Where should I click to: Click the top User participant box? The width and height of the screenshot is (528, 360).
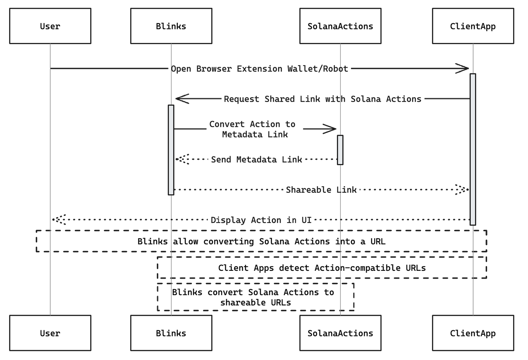coord(50,26)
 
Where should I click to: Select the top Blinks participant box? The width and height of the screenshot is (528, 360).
coord(171,26)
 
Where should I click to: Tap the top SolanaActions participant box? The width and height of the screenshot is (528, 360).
coord(340,26)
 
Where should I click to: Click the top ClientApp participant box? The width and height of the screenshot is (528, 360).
coord(473,26)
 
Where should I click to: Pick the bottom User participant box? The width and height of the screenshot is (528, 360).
coord(50,333)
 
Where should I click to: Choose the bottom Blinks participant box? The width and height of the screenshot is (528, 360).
coord(171,333)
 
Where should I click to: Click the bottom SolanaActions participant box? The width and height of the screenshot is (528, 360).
coord(340,333)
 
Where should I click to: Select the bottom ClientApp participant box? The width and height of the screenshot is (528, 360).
coord(473,333)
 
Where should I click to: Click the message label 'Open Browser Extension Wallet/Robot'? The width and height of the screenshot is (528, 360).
coord(259,69)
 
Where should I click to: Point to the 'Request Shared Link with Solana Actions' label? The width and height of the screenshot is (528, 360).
coord(323,99)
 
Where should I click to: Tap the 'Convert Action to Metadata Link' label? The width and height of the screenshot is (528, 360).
coord(253,129)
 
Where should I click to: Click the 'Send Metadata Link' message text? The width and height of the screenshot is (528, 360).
coord(257,159)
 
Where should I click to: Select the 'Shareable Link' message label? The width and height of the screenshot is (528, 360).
coord(321,190)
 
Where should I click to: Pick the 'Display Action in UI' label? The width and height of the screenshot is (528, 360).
coord(261,220)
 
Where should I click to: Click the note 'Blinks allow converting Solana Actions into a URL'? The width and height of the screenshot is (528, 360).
coord(262,241)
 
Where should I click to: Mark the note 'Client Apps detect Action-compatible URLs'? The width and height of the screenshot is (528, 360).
coord(322,268)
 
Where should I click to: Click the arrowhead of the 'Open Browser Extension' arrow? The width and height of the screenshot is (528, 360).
coord(462,69)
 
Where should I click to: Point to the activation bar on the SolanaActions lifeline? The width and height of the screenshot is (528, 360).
coord(340,149)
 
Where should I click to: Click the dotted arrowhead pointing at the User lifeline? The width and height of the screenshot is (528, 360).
coord(58,220)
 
